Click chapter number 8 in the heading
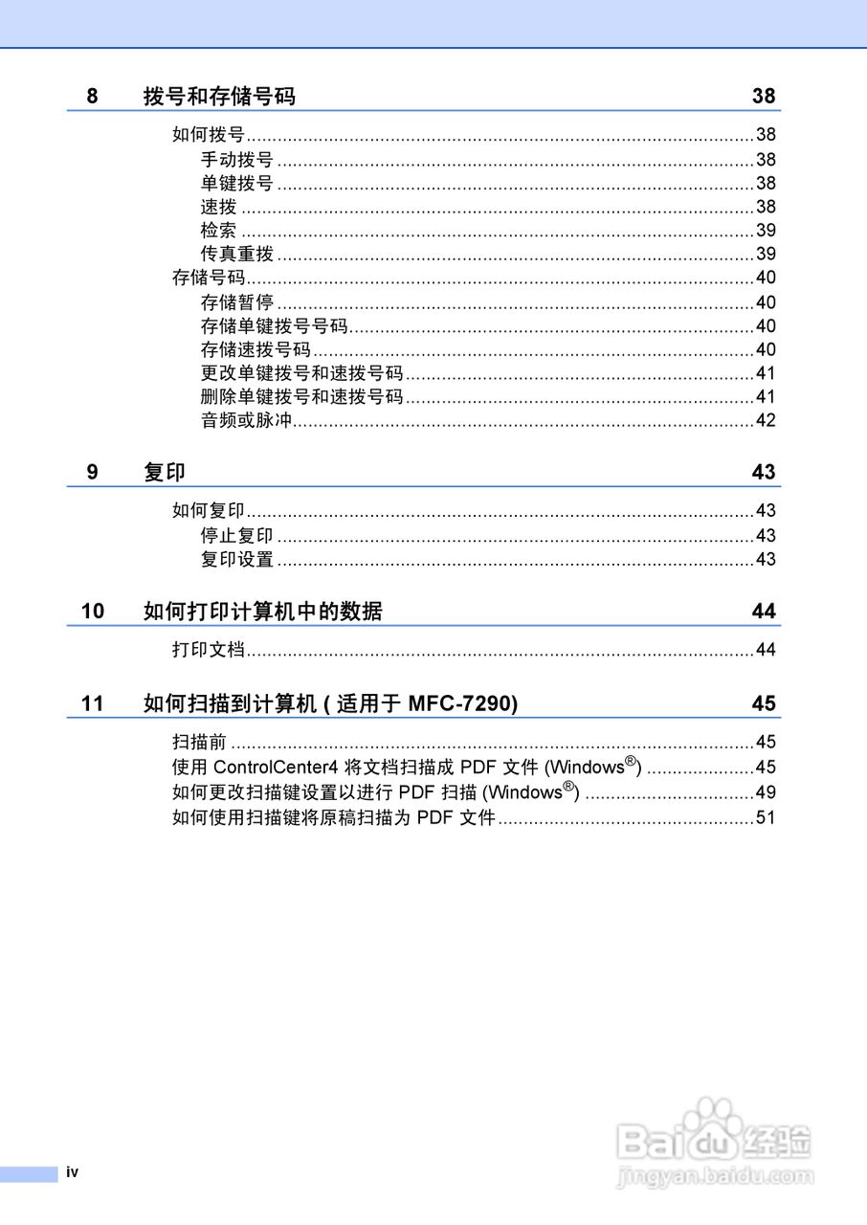coord(92,96)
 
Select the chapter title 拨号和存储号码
coord(219,96)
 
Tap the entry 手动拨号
coord(236,160)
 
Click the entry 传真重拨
coord(236,254)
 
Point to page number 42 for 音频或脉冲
coord(766,420)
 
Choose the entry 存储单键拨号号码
coord(274,325)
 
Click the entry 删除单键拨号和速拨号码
coord(301,396)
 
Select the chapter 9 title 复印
coord(164,472)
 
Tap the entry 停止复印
coord(236,535)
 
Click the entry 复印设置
coord(236,559)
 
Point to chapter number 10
coord(93,612)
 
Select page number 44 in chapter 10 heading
coord(764,612)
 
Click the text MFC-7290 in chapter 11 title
coord(462,703)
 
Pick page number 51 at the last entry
coord(766,817)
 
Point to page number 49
coord(766,792)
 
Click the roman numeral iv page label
coord(73,1172)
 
